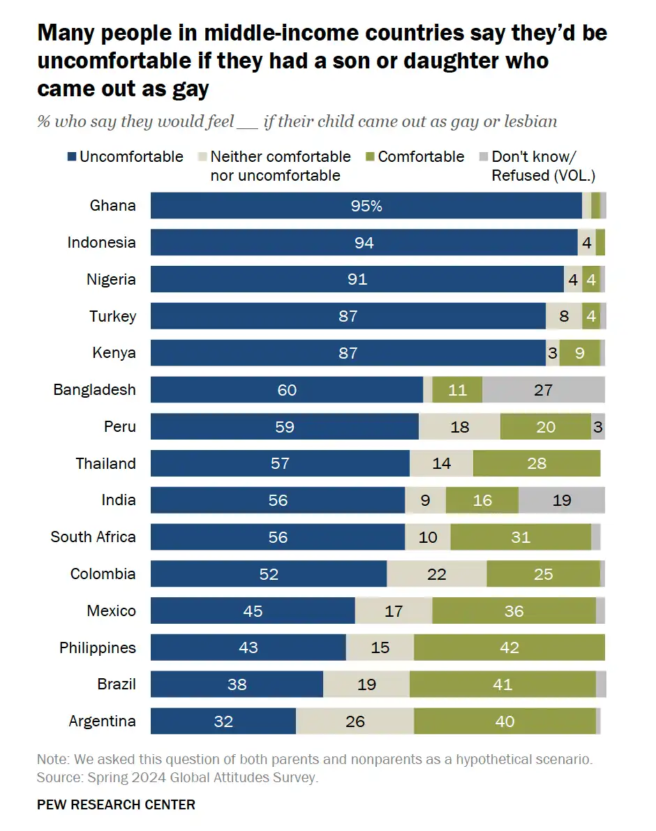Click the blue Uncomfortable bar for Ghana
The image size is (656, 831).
[x=366, y=206]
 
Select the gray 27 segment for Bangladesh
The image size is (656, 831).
[x=544, y=390]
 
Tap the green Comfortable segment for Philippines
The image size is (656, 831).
[x=509, y=647]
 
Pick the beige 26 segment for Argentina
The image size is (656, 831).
[x=355, y=721]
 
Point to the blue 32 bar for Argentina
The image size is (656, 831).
[x=223, y=721]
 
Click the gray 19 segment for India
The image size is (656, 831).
[x=562, y=500]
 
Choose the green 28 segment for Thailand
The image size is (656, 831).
[x=537, y=463]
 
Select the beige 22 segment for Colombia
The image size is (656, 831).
[x=437, y=574]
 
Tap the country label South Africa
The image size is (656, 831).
[x=93, y=537]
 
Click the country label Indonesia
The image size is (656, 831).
[x=101, y=243]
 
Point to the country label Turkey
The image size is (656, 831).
[x=112, y=316]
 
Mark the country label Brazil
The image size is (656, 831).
[x=117, y=684]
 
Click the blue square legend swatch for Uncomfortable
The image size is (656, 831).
[x=72, y=157]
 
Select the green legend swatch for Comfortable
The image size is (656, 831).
[x=370, y=157]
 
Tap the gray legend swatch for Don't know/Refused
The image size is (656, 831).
[x=484, y=157]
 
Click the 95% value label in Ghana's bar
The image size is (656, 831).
[x=366, y=206]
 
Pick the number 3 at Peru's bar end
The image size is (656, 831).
[x=598, y=426]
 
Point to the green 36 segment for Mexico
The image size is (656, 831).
[x=514, y=611]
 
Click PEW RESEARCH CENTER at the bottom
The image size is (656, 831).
[x=116, y=804]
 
